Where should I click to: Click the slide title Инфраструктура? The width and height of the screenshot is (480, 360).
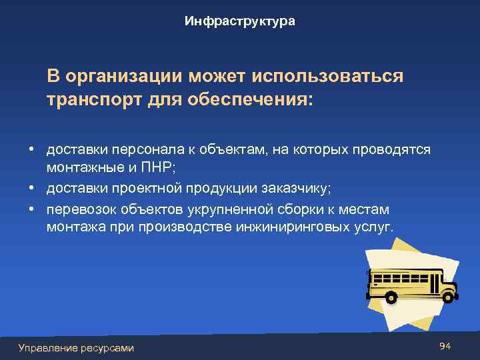click(x=240, y=22)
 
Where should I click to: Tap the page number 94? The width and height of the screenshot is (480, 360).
click(x=446, y=346)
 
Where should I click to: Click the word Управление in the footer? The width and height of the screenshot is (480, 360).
click(x=47, y=347)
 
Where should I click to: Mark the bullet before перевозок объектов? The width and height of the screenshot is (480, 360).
click(x=31, y=209)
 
